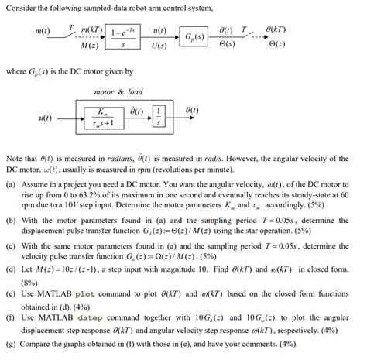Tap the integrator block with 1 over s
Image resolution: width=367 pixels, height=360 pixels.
158,118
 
